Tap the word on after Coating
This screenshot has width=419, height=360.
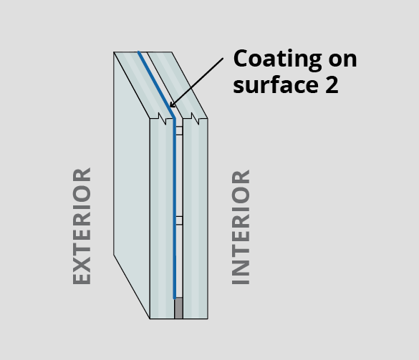click(x=343, y=60)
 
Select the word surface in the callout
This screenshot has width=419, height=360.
click(x=276, y=85)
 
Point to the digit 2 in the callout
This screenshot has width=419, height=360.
click(x=332, y=84)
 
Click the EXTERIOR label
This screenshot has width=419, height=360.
click(x=82, y=226)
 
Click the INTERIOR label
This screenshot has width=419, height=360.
click(x=241, y=227)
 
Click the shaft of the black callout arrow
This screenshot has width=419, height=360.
click(x=196, y=82)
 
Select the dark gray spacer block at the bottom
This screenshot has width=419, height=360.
click(x=178, y=308)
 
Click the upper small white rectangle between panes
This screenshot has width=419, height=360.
click(x=179, y=130)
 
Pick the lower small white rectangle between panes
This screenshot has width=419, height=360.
click(x=179, y=220)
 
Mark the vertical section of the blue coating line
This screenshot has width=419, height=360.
click(x=175, y=208)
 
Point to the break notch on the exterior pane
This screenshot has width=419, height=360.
click(x=162, y=119)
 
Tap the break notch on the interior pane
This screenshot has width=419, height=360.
click(x=195, y=119)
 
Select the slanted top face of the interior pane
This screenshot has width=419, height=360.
click(x=178, y=84)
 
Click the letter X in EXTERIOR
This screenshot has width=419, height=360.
click(x=82, y=263)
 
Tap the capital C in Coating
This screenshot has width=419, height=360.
click(x=241, y=58)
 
